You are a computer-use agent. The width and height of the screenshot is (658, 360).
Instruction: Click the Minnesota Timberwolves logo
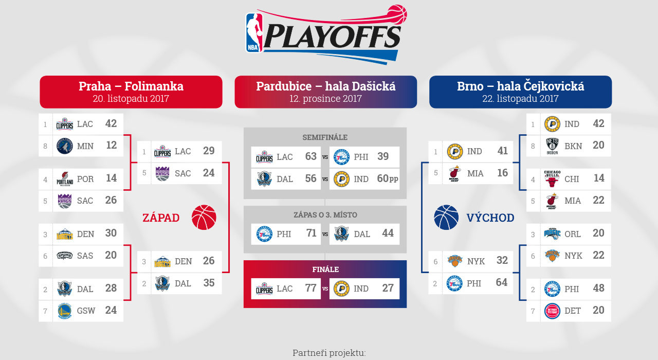point(65,146)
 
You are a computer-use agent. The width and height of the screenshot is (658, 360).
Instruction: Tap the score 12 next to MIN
point(112,145)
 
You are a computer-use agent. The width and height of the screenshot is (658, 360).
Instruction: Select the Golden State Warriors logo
point(65,311)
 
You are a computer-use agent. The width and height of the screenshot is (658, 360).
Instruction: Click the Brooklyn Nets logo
point(552,146)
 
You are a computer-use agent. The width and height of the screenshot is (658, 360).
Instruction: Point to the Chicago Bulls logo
point(552,178)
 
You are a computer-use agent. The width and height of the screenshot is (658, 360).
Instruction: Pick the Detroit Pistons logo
point(552,311)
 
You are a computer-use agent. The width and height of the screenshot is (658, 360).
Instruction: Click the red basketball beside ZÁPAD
point(204,217)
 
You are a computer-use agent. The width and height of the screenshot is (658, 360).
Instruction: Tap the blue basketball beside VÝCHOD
point(446,217)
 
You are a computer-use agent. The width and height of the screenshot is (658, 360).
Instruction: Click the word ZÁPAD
point(161,218)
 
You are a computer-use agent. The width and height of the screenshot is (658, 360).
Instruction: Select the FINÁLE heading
point(325,269)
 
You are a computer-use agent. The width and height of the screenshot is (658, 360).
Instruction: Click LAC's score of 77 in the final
point(311,288)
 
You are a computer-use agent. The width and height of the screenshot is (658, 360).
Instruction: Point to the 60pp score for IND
point(388,178)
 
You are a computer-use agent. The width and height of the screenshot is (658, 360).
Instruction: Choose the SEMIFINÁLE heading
point(325,137)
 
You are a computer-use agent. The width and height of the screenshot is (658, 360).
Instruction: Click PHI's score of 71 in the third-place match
point(311,233)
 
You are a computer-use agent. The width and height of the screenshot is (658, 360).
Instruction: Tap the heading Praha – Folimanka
point(131,86)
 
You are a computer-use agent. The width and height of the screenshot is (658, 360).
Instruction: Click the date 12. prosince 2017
point(325,98)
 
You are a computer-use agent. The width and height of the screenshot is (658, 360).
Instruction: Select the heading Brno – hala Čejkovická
point(521,86)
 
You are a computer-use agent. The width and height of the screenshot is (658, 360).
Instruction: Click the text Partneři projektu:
point(330,353)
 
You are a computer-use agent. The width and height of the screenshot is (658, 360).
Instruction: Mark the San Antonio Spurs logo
point(65,256)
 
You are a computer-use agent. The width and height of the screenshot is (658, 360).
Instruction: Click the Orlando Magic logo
point(552,233)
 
